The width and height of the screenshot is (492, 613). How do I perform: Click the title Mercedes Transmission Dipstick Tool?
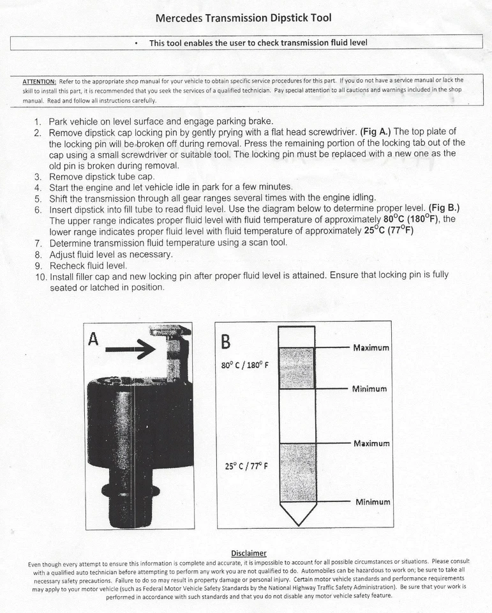point(243,18)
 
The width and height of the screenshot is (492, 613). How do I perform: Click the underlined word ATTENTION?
point(39,81)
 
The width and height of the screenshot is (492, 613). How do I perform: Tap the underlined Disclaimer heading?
point(248,553)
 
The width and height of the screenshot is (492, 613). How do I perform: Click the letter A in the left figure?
point(94,340)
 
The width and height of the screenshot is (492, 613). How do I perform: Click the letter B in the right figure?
point(225,342)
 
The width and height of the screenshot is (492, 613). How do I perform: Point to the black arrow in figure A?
point(131,349)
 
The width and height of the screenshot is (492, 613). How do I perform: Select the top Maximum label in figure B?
point(371,348)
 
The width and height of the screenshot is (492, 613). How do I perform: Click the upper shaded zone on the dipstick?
point(297,368)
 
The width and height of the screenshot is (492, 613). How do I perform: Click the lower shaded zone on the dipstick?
point(297,473)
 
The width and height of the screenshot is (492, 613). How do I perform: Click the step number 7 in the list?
point(38,243)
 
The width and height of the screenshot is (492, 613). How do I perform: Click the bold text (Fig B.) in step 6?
point(444,209)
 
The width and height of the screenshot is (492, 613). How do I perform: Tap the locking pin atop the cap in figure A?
point(170,345)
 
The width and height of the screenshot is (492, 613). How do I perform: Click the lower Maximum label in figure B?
point(371,443)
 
